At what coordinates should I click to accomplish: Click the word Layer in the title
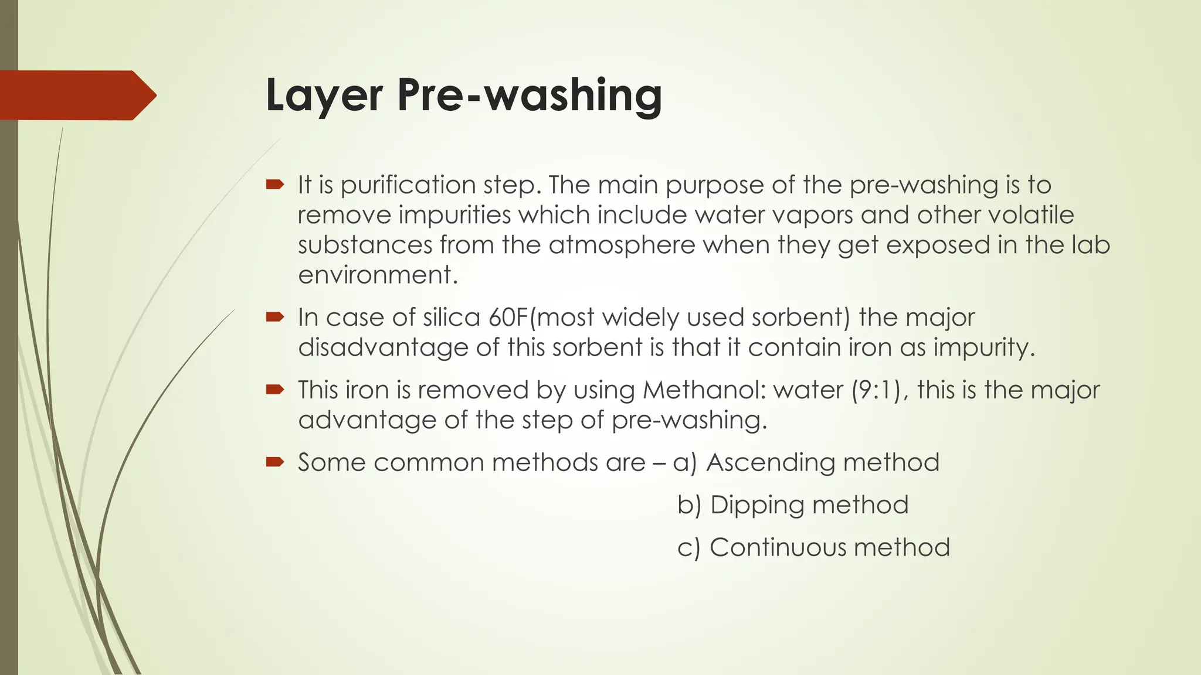[x=324, y=95]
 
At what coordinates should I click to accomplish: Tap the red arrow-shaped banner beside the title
[x=76, y=95]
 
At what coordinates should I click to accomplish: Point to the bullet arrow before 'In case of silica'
[x=274, y=318]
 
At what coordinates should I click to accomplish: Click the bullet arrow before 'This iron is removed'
[x=274, y=390]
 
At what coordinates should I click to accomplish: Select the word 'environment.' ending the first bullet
[x=378, y=275]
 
